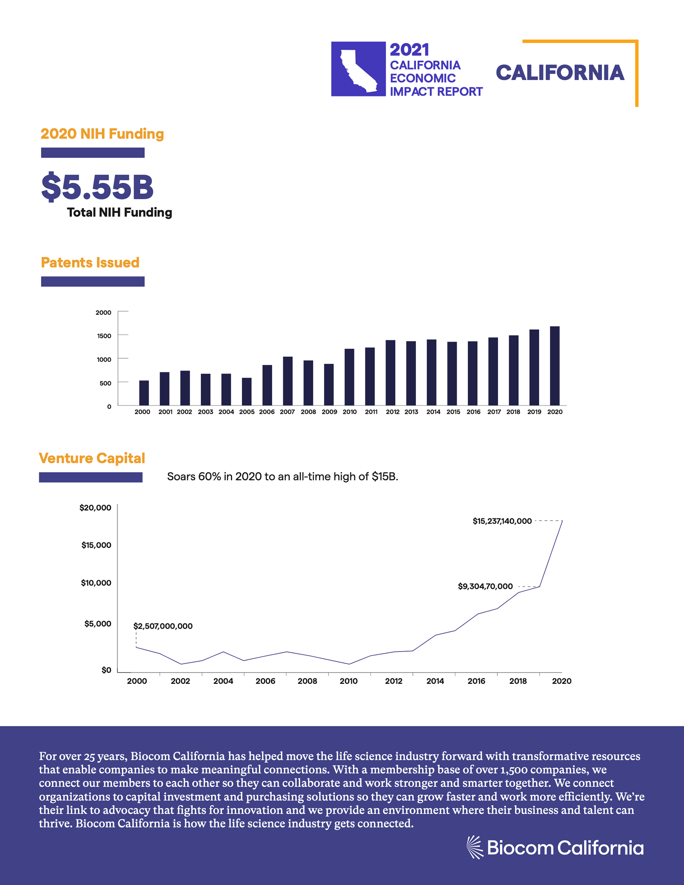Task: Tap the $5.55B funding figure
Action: click(97, 187)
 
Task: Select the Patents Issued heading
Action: click(90, 262)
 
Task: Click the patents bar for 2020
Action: click(554, 365)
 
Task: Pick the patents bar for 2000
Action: click(144, 393)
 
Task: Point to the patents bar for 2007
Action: click(287, 381)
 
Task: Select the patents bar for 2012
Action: click(390, 373)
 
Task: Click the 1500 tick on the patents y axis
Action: click(104, 336)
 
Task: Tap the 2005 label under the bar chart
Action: click(247, 412)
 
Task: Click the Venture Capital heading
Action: click(92, 458)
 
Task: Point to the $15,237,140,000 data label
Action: click(502, 521)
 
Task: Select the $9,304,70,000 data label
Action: click(485, 586)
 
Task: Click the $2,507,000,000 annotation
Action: click(163, 626)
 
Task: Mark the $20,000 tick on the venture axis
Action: click(95, 508)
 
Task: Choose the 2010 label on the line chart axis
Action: click(349, 681)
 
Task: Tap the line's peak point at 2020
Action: click(562, 521)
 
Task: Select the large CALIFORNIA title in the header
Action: click(560, 73)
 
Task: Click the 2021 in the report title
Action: click(409, 50)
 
